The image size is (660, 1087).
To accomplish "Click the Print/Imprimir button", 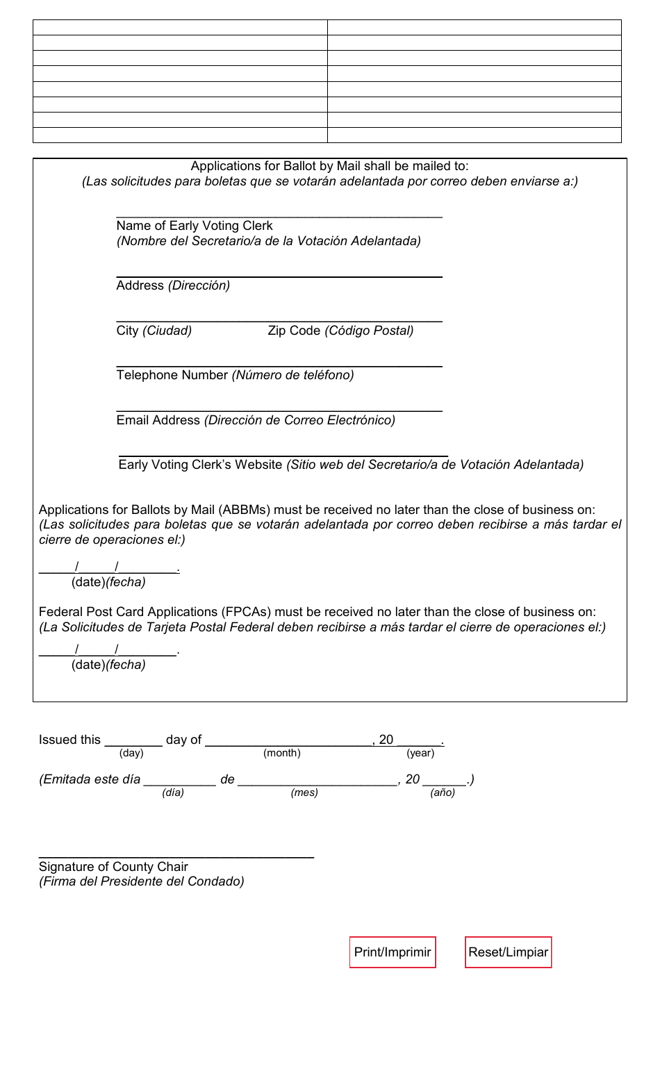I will [393, 952].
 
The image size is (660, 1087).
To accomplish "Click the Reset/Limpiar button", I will [508, 952].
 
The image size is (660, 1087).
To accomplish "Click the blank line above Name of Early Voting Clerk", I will [279, 213].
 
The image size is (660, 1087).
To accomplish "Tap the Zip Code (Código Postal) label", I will [340, 331].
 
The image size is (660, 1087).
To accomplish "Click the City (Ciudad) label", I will [154, 331].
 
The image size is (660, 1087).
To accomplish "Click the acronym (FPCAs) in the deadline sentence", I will [247, 612].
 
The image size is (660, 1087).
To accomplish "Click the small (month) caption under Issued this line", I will [281, 753].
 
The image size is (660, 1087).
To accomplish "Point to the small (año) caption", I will [443, 793].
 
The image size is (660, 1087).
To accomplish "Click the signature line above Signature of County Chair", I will [176, 855].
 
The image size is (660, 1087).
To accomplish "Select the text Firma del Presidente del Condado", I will [141, 881].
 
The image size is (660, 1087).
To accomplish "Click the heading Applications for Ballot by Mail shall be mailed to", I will [329, 166].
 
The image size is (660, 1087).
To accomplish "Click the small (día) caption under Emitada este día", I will [173, 793].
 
